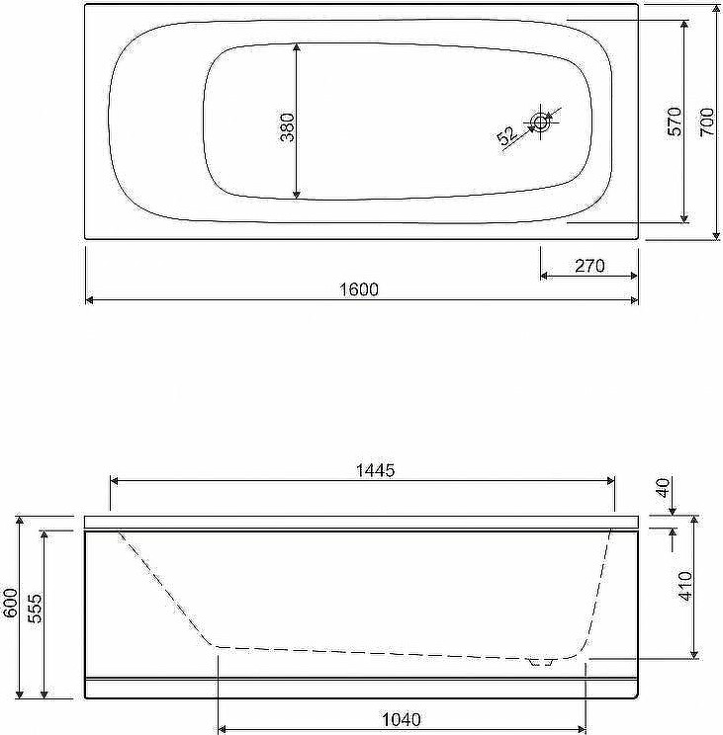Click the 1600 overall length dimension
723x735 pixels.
click(359, 289)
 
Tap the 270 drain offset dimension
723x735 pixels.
click(589, 266)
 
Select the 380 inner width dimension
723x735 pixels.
click(287, 127)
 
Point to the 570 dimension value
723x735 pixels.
click(675, 122)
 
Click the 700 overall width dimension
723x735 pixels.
click(706, 122)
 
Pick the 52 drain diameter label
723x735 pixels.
click(506, 136)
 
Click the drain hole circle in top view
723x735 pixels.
click(540, 122)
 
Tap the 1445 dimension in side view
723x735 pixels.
click(375, 469)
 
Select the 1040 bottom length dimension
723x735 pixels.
click(403, 719)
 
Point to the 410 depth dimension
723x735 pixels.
click(685, 586)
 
